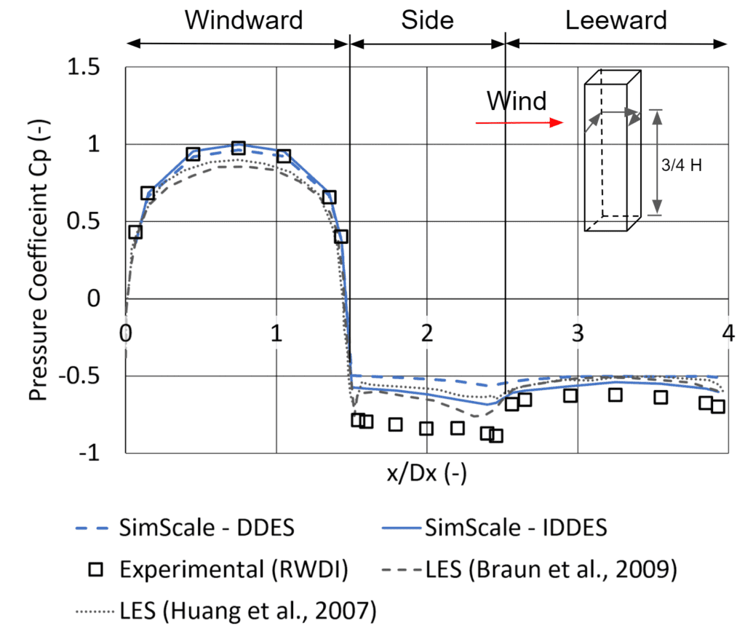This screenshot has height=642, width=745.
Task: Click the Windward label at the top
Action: [x=243, y=20]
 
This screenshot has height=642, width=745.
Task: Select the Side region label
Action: [x=427, y=20]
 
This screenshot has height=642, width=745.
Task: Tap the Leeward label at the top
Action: [x=615, y=20]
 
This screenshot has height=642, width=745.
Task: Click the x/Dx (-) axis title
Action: [x=427, y=475]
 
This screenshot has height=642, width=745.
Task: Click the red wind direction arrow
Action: [x=519, y=123]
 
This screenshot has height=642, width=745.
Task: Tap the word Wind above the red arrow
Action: [x=516, y=100]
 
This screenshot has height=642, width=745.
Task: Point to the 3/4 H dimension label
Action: [x=681, y=165]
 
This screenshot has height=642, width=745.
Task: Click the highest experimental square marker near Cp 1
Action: [x=238, y=148]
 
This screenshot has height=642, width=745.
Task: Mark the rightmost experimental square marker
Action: [x=718, y=406]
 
